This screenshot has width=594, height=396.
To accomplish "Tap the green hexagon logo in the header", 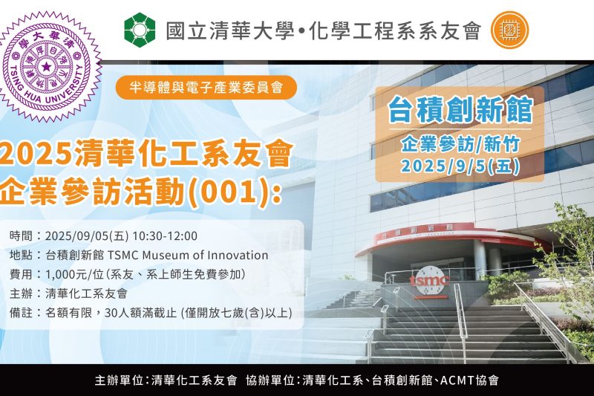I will (140, 30).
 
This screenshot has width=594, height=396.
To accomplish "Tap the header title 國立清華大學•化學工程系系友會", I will (323, 30).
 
